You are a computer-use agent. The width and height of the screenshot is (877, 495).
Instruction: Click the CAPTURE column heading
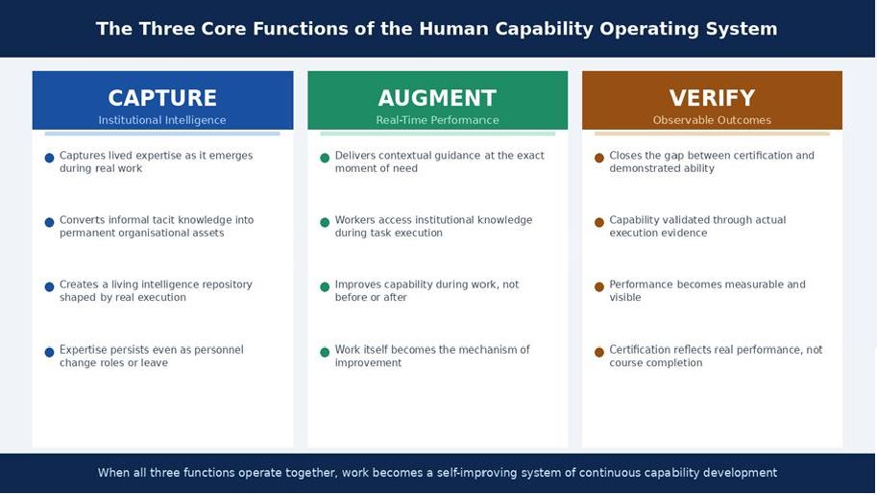point(162,98)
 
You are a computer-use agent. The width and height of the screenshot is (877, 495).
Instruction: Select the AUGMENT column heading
point(437,98)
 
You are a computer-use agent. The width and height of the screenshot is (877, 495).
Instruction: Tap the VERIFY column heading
point(712,98)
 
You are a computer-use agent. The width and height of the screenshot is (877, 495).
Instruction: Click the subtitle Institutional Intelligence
point(162,120)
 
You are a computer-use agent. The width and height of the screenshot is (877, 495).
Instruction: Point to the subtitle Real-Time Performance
point(437,120)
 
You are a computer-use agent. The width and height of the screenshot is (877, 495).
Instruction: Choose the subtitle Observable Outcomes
point(712,120)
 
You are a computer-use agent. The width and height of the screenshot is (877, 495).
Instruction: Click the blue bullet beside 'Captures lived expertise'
point(50,158)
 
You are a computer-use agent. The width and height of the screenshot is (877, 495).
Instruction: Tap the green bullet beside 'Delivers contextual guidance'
point(325,158)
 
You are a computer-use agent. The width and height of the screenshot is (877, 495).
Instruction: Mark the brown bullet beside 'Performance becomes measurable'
point(599,287)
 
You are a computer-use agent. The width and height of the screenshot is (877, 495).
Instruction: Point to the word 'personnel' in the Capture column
point(218,350)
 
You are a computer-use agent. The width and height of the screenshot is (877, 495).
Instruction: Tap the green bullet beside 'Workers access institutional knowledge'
point(325,223)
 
